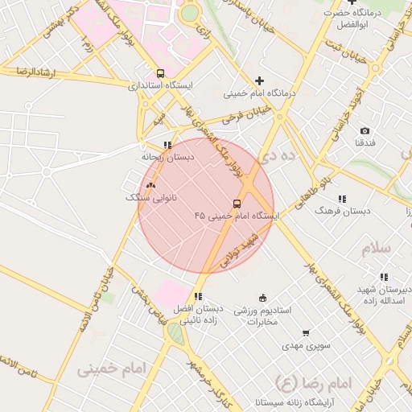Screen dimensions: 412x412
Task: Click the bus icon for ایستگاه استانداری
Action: [161, 73]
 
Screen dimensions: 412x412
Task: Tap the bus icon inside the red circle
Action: [237, 204]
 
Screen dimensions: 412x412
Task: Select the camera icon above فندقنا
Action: [365, 130]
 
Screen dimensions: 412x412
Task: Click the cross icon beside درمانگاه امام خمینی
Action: [259, 80]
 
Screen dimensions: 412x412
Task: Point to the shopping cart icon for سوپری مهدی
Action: [306, 333]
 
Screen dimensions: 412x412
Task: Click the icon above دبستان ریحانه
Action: [167, 146]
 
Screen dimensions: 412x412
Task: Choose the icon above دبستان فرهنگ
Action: [342, 199]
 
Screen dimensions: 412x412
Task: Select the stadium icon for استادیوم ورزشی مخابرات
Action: [263, 298]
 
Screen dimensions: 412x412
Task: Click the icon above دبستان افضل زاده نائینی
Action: [198, 297]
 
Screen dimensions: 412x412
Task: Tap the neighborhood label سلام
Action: [376, 248]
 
